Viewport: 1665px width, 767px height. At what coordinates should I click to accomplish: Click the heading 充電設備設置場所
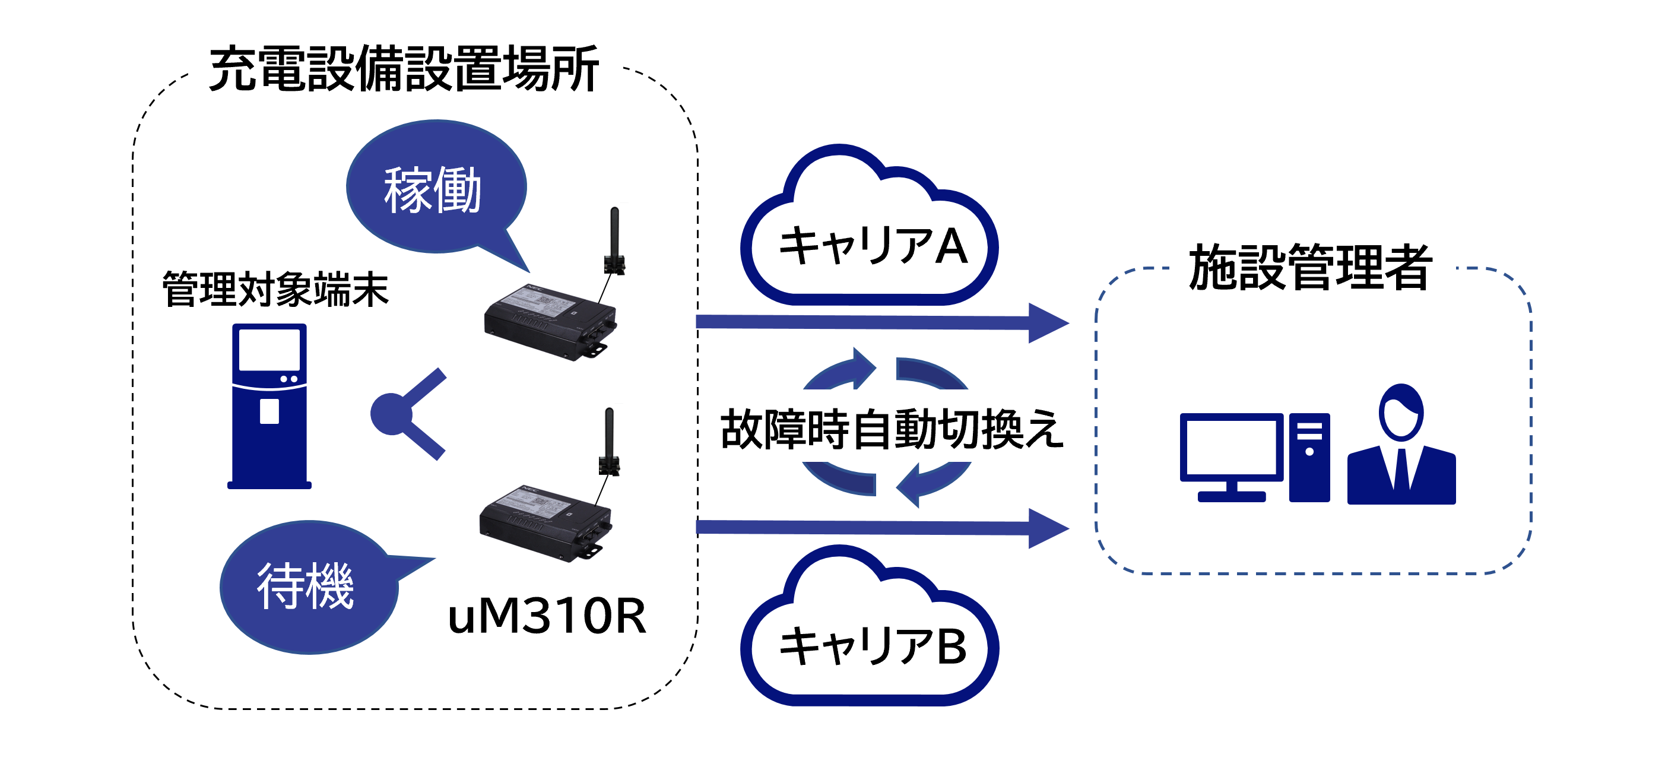[403, 69]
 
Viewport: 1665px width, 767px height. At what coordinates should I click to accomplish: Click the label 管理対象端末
[275, 289]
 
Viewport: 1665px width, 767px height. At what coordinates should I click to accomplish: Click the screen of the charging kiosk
[269, 349]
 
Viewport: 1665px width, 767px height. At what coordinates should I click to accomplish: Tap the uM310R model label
[547, 616]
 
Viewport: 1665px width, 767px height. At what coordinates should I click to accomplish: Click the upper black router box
[550, 320]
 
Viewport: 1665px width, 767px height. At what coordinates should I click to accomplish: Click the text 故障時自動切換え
[892, 429]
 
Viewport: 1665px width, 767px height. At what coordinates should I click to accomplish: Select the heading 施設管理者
[1310, 268]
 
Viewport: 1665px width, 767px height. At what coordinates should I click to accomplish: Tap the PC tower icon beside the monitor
[1309, 457]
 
